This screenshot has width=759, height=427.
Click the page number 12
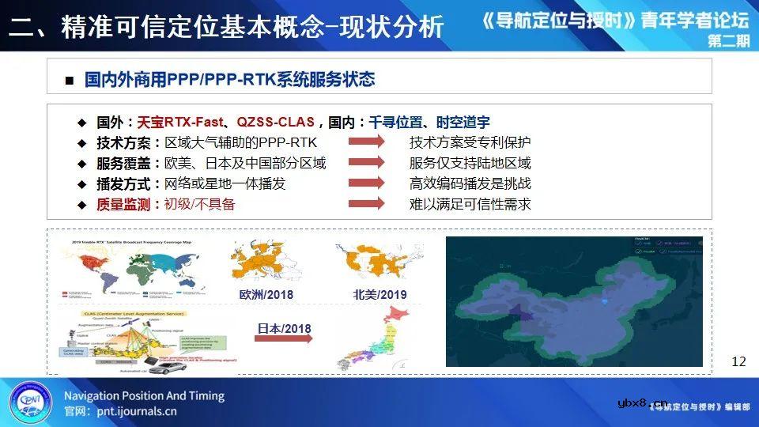pos(738,361)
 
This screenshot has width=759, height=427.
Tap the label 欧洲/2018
pos(266,294)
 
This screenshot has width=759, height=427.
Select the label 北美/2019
pos(379,294)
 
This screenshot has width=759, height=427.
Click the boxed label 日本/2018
pos(284,328)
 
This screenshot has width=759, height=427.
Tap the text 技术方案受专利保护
pos(470,143)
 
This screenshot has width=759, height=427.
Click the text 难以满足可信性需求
pos(470,203)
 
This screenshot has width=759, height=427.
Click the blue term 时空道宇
pos(462,123)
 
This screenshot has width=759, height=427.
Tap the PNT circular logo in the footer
pos(28,401)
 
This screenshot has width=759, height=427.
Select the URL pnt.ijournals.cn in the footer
pos(131,411)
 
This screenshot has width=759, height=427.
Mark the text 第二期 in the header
pos(728,42)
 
